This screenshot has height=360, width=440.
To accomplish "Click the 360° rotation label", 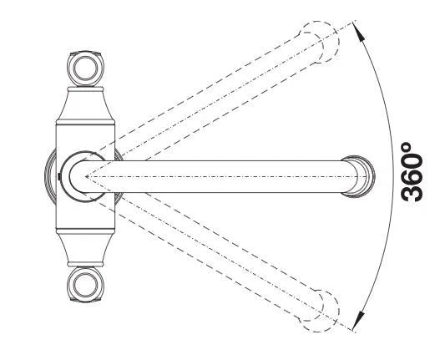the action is point(412,172).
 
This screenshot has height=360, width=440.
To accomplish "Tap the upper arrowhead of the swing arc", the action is point(360,31).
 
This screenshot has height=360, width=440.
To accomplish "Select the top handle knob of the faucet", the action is point(86,68).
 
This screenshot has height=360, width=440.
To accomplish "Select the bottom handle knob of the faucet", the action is point(86,284).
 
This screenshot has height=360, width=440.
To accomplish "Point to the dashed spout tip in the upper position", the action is point(319,42).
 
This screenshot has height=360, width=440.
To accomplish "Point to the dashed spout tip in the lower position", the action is point(319,311).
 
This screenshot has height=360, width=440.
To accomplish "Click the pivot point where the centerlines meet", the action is point(86,176).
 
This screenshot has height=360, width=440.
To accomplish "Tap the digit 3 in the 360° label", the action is point(412,192).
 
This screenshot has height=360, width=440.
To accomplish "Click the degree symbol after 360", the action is point(407,147).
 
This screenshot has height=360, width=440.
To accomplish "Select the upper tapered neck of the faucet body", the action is point(86,105).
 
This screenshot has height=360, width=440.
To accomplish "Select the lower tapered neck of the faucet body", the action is point(86,248).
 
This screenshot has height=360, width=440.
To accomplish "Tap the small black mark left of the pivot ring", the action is point(58,176).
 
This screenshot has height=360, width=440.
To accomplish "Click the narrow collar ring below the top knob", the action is point(86,89).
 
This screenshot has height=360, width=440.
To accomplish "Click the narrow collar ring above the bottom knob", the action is point(86,264).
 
